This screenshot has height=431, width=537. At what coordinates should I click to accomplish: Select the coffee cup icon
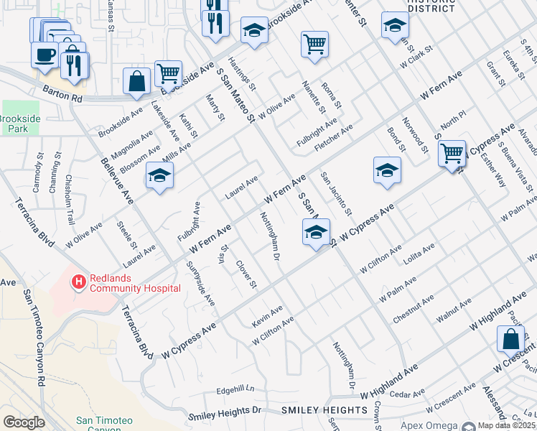coord(45,55)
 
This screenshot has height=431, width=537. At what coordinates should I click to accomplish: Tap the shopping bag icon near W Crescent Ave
coord(510,338)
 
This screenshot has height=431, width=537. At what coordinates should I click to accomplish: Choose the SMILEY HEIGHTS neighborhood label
coord(314,410)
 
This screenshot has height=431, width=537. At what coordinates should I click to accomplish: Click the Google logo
coord(24,422)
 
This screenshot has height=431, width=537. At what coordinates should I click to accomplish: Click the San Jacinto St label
coord(336,193)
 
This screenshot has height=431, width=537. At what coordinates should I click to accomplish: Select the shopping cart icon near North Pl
coord(452,152)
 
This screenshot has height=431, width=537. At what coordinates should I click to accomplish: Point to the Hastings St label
coord(238,75)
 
